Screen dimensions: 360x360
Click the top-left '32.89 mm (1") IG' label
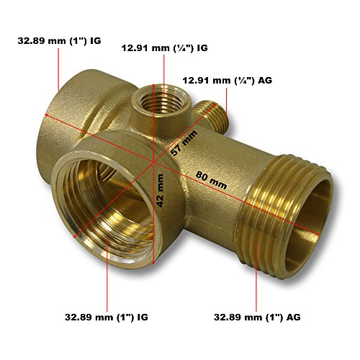[60, 41]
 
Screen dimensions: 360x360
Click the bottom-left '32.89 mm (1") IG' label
[104, 317]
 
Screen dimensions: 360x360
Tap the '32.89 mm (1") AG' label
[256, 317]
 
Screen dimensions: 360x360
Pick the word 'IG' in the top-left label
[95, 41]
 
